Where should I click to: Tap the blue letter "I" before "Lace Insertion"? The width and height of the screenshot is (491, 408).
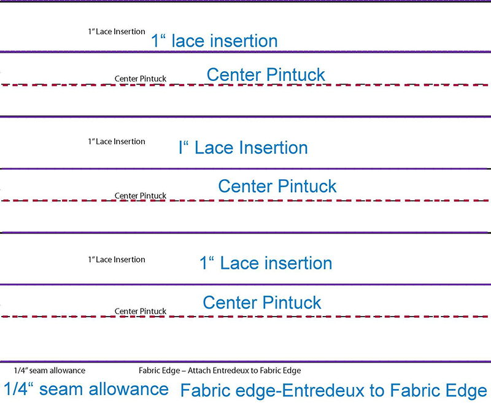coord(181,148)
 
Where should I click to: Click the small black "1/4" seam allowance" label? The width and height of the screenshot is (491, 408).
coord(50,371)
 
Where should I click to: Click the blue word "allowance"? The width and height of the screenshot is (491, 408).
coord(133,389)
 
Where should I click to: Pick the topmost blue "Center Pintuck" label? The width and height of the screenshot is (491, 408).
coord(266,75)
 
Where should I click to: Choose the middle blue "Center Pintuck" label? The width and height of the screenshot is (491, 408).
coord(277,186)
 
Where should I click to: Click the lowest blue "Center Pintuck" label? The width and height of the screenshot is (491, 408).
coord(262,302)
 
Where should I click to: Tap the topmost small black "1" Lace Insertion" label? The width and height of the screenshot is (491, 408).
coord(117,31)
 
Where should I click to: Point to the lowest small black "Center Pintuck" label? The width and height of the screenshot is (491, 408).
coord(141,311)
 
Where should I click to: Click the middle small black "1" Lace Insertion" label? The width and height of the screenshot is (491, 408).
coord(117,142)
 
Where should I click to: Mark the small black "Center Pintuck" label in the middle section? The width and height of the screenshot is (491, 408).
coord(141,196)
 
